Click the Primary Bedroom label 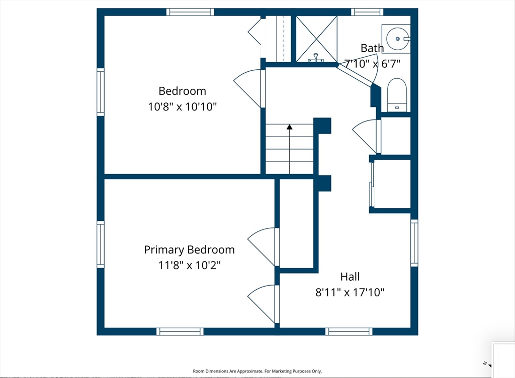click(189, 250)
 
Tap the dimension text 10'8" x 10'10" click(182, 106)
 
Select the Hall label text click(350, 277)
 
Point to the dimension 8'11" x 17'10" click(350, 292)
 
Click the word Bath click(372, 48)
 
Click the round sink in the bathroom click(397, 39)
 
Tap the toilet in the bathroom click(397, 95)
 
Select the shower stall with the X click(317, 39)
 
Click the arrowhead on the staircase click(289, 127)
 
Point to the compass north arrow click(489, 365)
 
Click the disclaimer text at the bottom click(257, 371)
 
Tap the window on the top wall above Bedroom click(190, 12)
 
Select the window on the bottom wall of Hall click(349, 331)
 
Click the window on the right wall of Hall click(414, 243)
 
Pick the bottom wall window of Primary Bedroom click(180, 331)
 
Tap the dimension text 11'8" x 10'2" click(189, 265)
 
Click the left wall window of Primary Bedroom click(101, 244)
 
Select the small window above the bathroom click(367, 12)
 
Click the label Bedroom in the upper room click(182, 91)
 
